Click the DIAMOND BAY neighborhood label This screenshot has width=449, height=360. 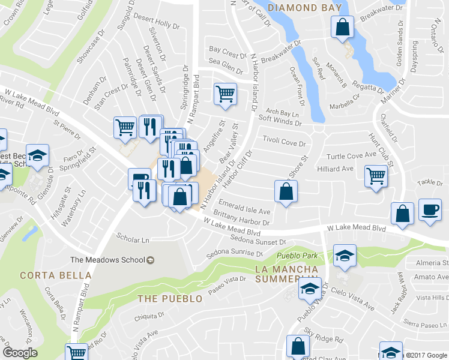[x=305, y=8]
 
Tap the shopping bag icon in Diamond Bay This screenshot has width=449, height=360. [x=342, y=26]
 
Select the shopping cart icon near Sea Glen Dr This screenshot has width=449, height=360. [x=225, y=93]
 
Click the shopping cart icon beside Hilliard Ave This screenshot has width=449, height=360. [x=376, y=176]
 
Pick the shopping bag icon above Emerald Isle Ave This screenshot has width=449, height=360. [x=286, y=191]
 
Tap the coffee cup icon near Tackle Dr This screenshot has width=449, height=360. [x=429, y=210]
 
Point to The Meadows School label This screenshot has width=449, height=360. [x=108, y=260]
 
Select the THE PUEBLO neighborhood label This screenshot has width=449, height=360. [x=166, y=299]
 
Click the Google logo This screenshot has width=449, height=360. [x=20, y=353]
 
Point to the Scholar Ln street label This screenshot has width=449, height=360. [x=133, y=240]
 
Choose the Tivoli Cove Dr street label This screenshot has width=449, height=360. [x=284, y=140]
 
